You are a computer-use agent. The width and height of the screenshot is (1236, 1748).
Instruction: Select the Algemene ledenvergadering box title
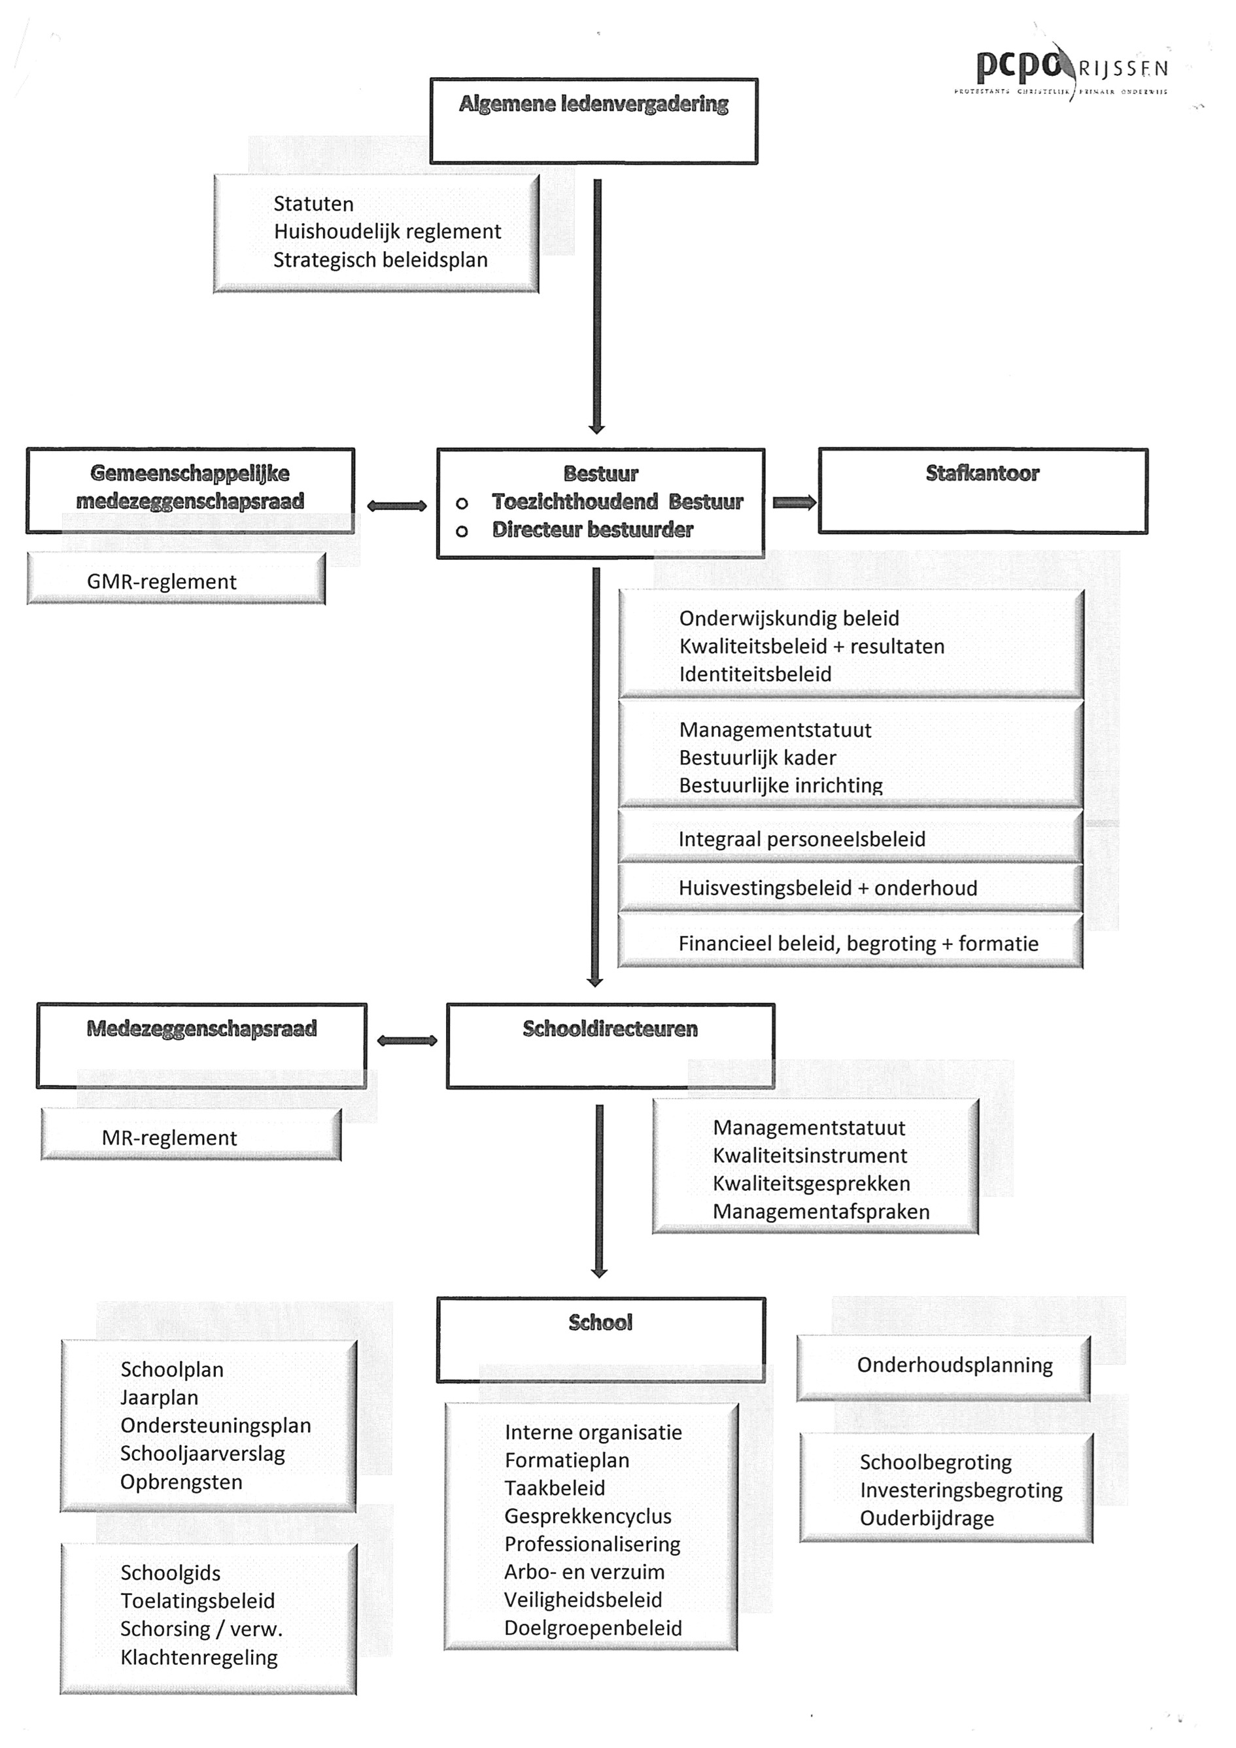point(593,104)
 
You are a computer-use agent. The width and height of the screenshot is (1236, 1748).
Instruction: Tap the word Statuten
point(313,204)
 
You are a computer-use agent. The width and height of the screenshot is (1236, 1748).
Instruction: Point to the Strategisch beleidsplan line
point(380,260)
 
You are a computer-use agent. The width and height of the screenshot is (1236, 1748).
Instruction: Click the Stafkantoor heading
point(982,473)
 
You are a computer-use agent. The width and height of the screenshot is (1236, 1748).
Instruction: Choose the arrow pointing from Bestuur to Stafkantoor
point(795,502)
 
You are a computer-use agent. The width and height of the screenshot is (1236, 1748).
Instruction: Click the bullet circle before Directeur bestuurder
point(462,532)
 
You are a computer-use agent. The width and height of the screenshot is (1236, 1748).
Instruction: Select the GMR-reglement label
point(162,581)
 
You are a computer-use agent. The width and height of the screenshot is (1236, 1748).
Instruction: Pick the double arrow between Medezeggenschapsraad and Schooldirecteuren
point(407,1040)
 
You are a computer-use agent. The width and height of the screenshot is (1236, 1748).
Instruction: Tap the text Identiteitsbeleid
point(755,674)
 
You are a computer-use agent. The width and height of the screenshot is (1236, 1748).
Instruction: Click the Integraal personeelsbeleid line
point(802,840)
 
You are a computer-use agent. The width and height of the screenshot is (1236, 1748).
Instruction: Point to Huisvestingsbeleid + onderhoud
point(828,889)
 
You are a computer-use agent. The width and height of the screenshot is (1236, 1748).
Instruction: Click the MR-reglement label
point(169,1138)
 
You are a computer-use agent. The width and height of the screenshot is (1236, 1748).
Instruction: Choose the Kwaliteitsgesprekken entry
point(811,1184)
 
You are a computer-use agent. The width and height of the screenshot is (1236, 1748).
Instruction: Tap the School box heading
point(600,1322)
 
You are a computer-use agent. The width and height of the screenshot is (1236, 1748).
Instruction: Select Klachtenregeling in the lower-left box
point(199,1658)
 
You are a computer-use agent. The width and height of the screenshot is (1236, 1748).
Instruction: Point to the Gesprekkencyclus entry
point(588,1517)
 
